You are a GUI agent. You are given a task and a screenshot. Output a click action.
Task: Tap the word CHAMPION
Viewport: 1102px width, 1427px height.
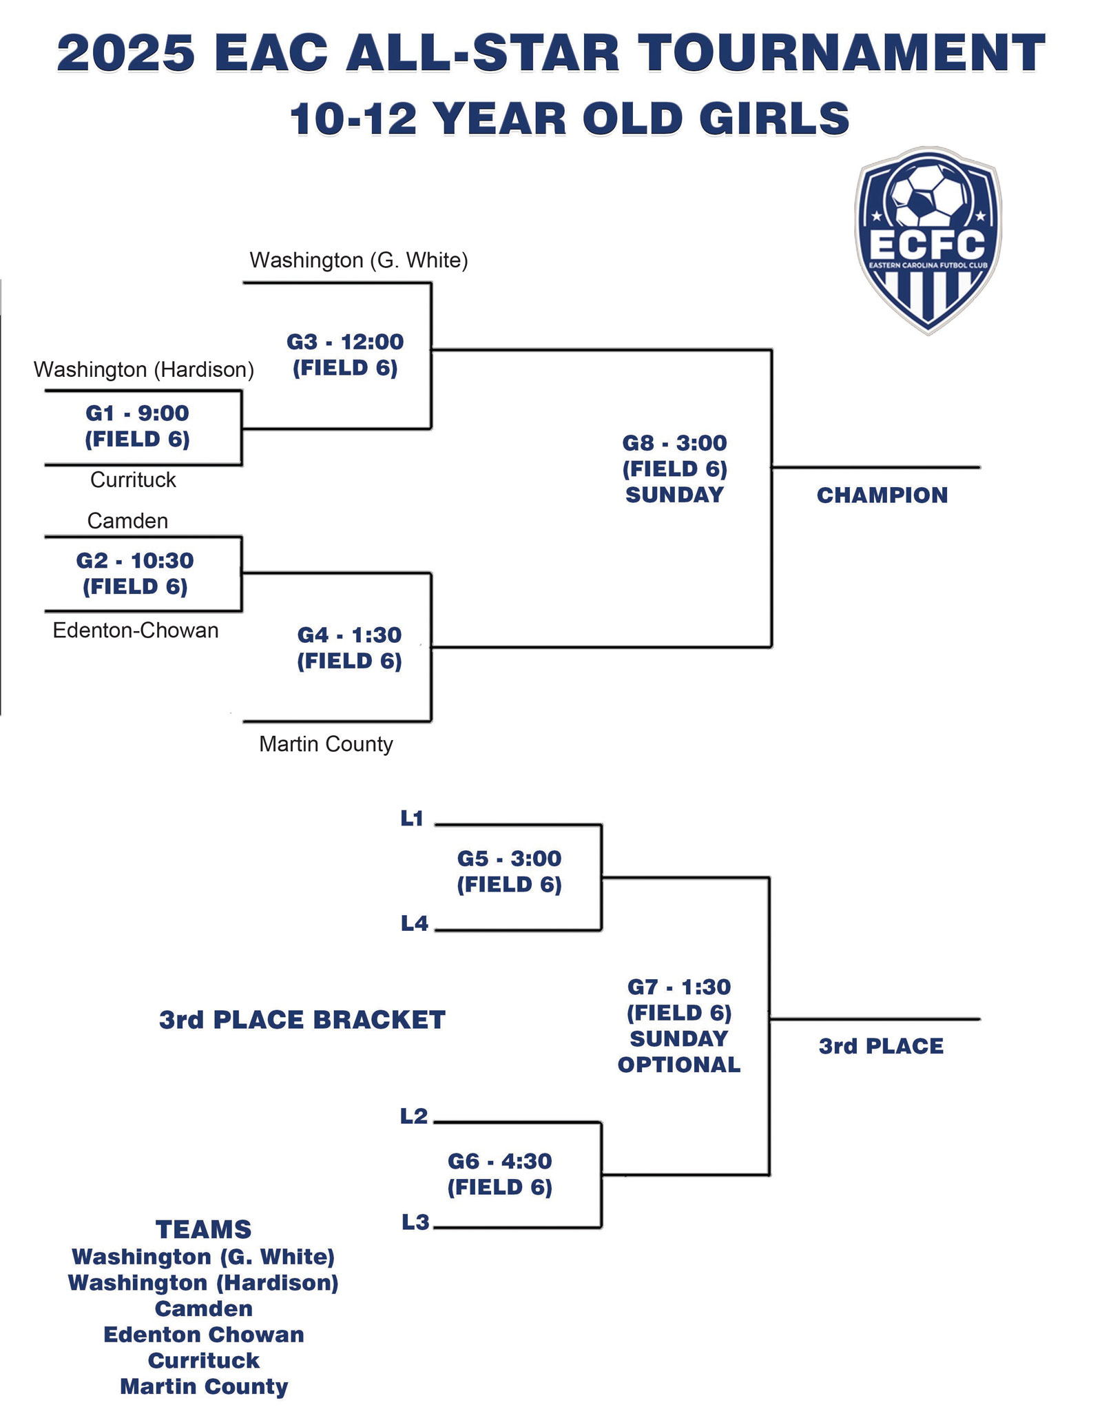[882, 495]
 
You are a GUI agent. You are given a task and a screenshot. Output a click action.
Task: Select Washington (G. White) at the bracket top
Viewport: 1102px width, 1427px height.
[358, 260]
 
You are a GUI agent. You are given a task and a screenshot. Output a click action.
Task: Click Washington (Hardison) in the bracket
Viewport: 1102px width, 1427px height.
[144, 370]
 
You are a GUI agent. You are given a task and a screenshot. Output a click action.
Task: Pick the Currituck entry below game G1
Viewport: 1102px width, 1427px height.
[133, 480]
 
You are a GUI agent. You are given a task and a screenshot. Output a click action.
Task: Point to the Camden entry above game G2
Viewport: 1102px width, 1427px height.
[127, 521]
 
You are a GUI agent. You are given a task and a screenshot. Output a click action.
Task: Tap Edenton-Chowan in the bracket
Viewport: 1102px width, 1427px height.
[136, 630]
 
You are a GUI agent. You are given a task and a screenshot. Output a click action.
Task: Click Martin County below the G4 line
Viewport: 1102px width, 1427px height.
[326, 744]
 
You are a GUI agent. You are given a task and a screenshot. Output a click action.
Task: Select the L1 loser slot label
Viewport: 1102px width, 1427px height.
[412, 819]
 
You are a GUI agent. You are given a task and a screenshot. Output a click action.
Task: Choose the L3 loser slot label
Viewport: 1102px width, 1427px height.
[415, 1223]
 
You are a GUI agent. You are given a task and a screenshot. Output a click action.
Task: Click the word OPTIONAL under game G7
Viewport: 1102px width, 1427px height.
[678, 1065]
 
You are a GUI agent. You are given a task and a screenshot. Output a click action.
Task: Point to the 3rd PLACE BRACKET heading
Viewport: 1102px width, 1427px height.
[302, 1020]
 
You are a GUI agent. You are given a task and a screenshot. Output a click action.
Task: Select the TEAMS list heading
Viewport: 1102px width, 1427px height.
[203, 1230]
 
